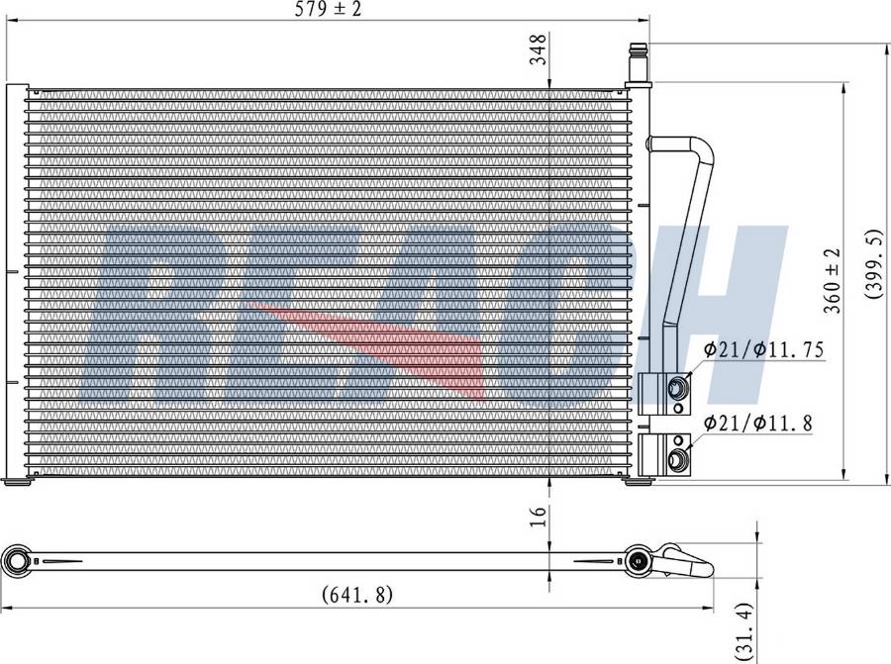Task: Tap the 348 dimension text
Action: (538, 48)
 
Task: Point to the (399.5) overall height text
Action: (874, 265)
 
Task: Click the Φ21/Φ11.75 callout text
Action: (764, 349)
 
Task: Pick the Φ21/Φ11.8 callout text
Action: (758, 424)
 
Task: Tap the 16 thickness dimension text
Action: (538, 516)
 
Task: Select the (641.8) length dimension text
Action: (358, 595)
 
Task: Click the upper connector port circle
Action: (677, 387)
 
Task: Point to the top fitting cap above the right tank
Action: (637, 59)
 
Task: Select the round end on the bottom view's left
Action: (18, 561)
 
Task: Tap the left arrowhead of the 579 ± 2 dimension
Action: (12, 19)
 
